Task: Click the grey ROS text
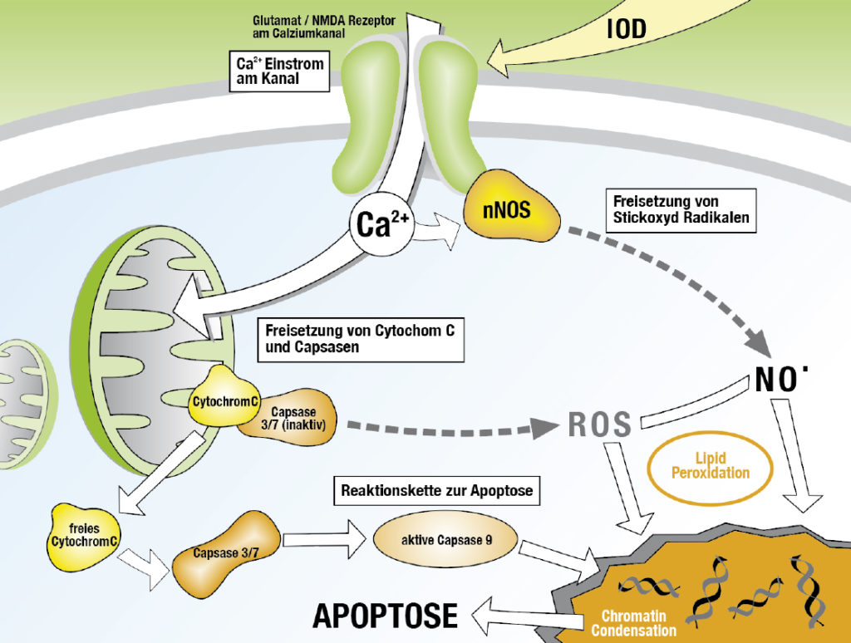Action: (600, 425)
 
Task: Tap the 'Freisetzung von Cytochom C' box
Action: (359, 338)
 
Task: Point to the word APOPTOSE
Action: (385, 616)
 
